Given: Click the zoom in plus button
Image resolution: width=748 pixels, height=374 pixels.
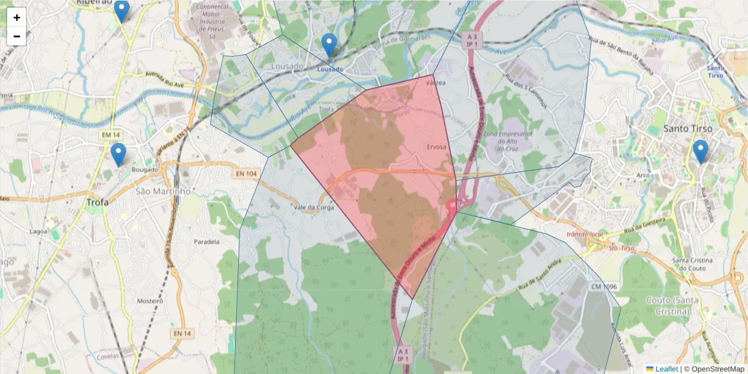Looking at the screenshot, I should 17,17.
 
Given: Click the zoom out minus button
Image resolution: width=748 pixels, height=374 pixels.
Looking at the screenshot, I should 17,36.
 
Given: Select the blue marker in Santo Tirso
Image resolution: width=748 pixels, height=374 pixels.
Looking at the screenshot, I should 701,151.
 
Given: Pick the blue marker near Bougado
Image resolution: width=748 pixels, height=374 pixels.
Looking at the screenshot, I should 118,155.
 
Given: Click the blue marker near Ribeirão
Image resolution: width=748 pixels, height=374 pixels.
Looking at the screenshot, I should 122,11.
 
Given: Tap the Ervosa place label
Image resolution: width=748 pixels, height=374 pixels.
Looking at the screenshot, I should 437,147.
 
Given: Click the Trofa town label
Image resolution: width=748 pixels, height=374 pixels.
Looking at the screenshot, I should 97,202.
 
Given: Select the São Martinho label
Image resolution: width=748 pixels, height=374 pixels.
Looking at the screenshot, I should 163,191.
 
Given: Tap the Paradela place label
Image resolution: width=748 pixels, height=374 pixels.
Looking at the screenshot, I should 207,241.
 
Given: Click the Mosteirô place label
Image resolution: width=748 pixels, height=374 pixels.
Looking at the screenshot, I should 150,300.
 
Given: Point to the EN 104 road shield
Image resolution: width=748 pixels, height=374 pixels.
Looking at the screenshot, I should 247,173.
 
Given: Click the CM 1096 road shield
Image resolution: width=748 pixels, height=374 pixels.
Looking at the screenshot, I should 602,286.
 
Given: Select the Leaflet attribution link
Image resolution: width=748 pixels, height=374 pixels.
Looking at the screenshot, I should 666,369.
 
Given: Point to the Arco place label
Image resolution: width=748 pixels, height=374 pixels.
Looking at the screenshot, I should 643,175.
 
